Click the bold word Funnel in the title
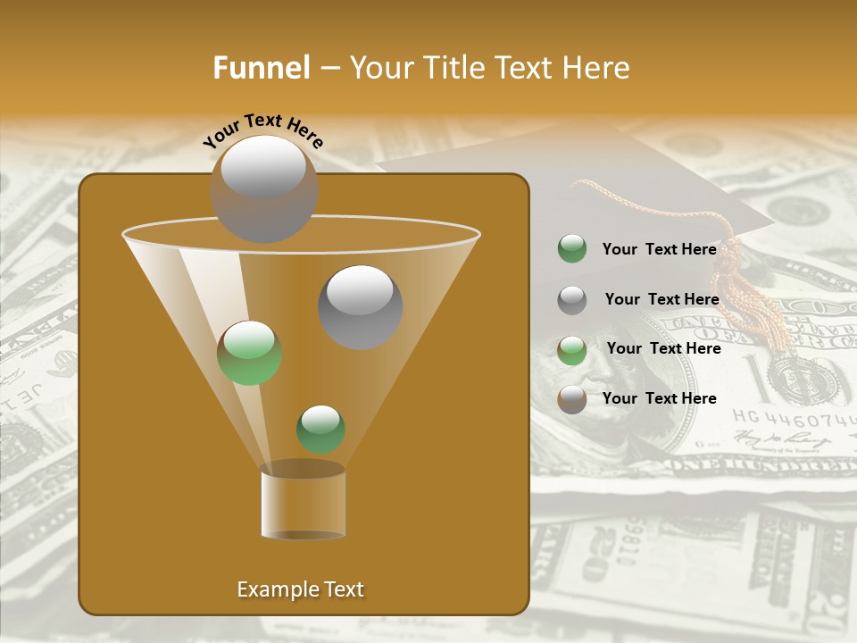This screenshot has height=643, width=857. tap(261, 68)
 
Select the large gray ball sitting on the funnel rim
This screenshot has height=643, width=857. tap(263, 188)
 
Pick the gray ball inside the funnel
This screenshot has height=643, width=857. tap(361, 306)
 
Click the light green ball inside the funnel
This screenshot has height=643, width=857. tap(250, 353)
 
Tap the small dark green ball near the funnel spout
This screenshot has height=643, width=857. tap(320, 429)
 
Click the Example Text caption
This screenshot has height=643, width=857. tap(301, 589)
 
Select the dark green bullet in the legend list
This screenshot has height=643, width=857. tap(572, 249)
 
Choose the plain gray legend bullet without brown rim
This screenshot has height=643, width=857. tap(572, 300)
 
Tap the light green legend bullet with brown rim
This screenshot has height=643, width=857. tap(572, 350)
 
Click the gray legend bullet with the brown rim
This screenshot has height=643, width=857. tap(572, 399)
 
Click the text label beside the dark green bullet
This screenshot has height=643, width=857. tap(659, 250)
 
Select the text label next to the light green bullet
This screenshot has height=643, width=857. tap(663, 349)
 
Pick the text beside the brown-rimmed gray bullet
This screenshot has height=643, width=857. tap(659, 399)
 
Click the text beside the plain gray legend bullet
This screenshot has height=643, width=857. tap(661, 300)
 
